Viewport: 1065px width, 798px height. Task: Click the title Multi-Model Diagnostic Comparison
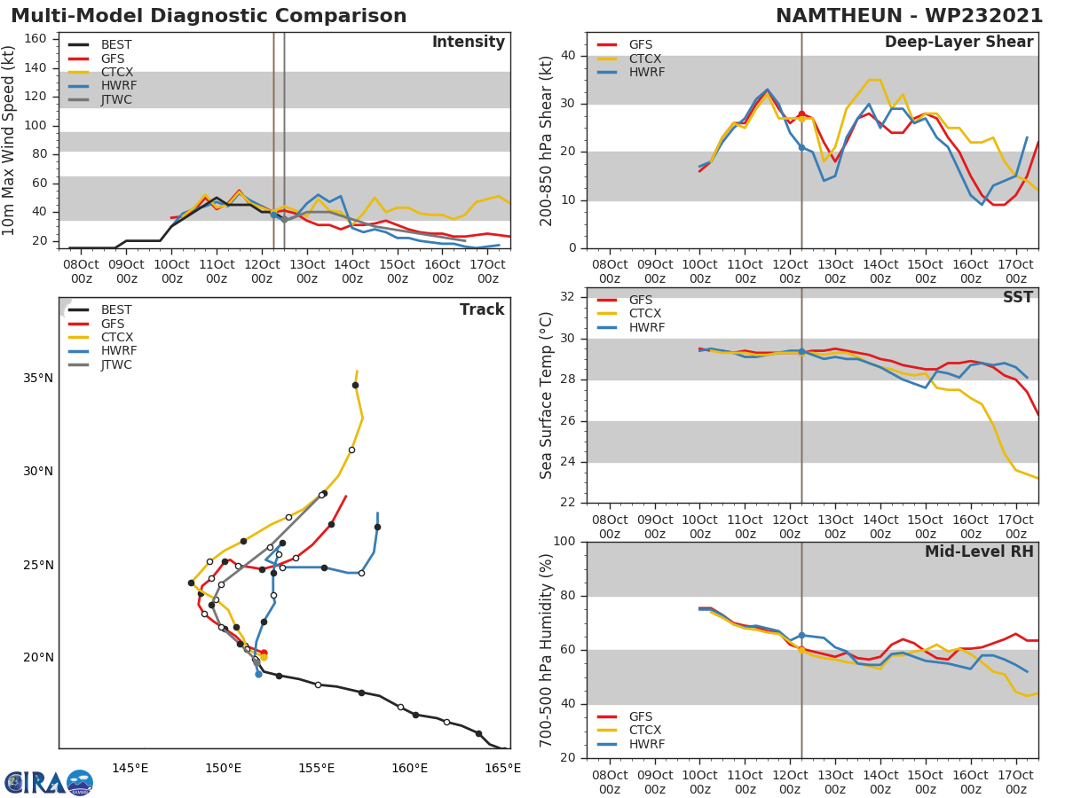coord(209,16)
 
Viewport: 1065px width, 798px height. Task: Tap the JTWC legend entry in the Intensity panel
coord(116,99)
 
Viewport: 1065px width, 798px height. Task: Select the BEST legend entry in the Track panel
coord(116,310)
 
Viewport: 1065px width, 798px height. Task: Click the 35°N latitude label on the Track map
coord(37,379)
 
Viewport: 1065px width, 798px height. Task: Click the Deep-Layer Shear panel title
coord(958,43)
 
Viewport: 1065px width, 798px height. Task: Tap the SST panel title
coord(1017,298)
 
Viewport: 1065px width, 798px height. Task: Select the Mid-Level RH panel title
coord(979,552)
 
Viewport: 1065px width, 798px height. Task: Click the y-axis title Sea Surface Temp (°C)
coord(547,395)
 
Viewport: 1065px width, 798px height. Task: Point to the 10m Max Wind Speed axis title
coord(10,140)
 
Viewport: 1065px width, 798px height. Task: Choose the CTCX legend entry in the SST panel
coord(644,314)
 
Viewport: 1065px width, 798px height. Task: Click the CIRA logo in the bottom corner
coord(49,782)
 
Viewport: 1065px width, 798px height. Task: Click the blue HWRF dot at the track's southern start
coord(258,674)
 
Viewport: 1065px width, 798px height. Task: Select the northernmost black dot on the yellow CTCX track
coord(355,385)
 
